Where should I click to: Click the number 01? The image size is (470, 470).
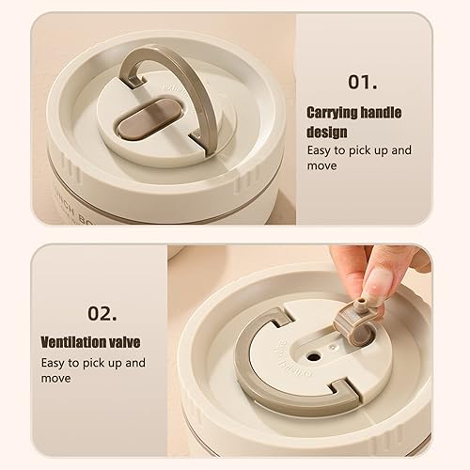click(363, 82)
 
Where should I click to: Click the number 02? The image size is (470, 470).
click(102, 313)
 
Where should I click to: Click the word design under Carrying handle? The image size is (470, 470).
click(327, 132)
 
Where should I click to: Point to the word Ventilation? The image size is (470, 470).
click(72, 342)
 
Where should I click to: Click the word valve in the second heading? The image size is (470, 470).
click(123, 342)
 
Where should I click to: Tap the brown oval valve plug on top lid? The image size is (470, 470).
click(149, 118)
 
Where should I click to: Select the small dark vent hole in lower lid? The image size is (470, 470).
click(314, 356)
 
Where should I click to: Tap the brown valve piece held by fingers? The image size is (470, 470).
click(354, 322)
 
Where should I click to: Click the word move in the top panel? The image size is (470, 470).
click(321, 165)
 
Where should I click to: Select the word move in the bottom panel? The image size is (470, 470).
click(55, 379)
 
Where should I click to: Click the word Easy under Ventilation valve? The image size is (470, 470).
click(53, 363)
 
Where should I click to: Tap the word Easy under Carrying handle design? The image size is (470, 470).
click(319, 150)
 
